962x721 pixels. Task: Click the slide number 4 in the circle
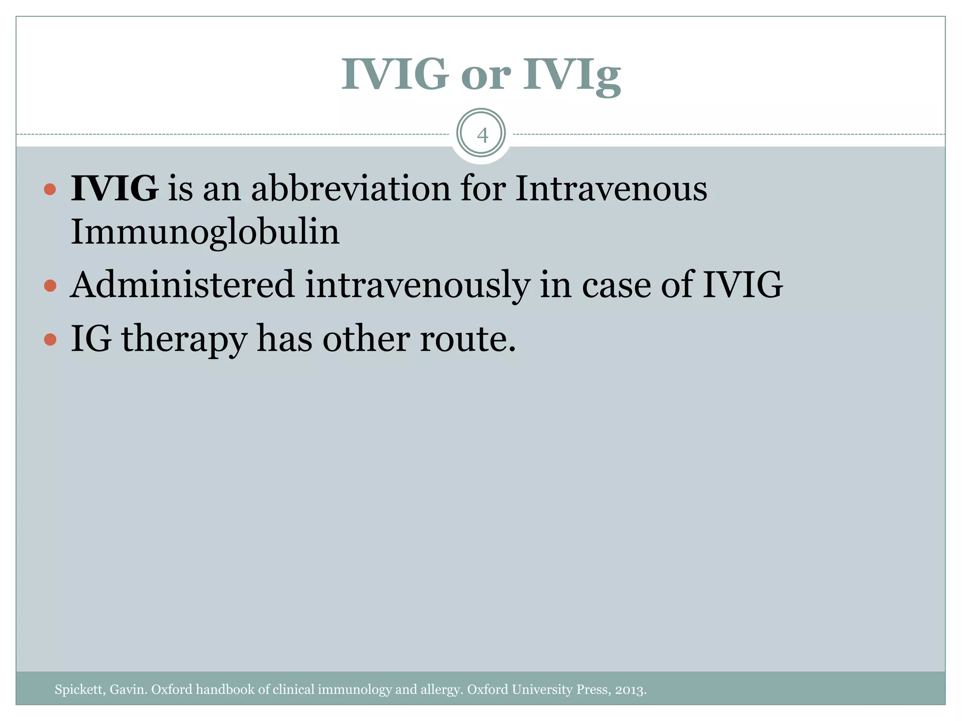click(x=482, y=136)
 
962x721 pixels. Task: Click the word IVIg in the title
click(x=572, y=75)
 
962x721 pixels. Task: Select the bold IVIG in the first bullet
click(x=114, y=188)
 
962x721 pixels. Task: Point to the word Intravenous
click(x=611, y=188)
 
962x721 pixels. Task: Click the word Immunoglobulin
click(x=205, y=232)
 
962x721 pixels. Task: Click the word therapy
click(x=184, y=339)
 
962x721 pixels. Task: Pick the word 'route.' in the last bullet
click(x=468, y=338)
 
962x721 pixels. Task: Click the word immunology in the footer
click(x=355, y=690)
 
